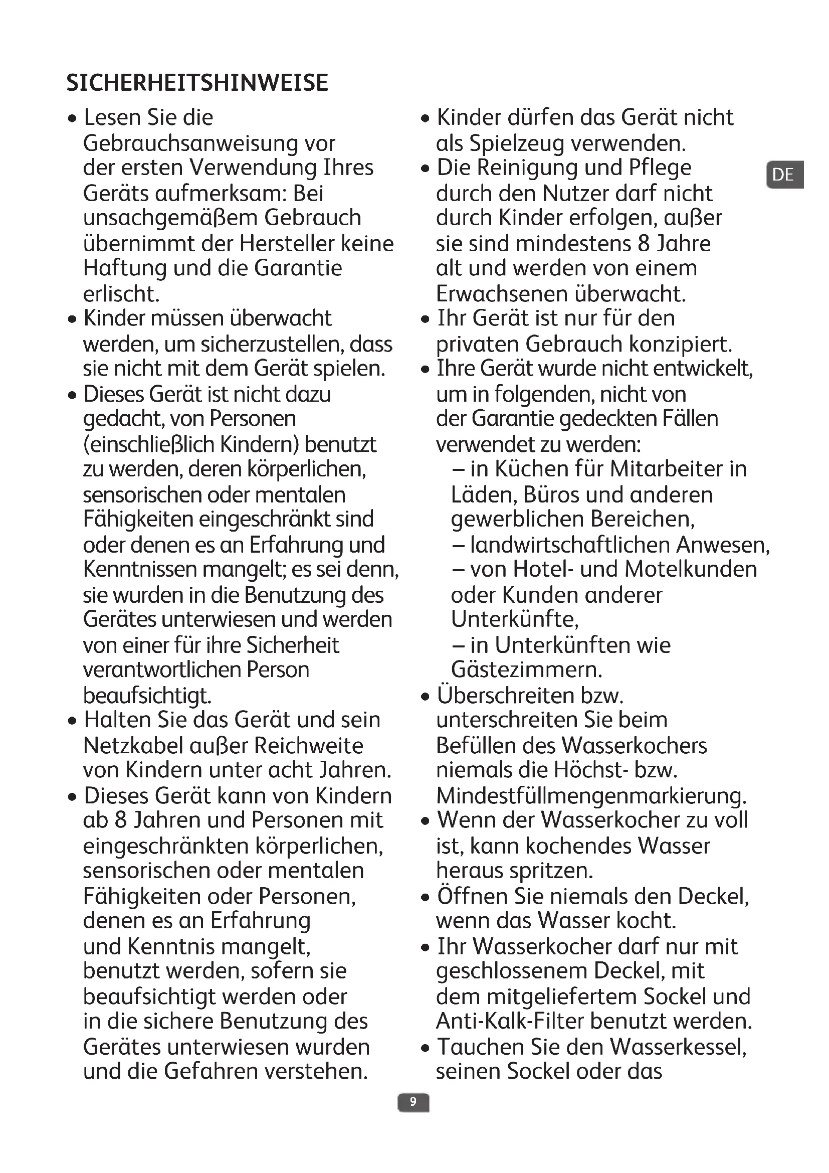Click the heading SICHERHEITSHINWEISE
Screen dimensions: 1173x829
[197, 83]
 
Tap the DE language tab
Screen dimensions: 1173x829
[784, 175]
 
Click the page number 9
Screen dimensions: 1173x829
[413, 1102]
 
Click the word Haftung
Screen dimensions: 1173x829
[125, 269]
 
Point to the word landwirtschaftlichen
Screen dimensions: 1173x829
[570, 545]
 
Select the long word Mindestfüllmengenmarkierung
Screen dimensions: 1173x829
[591, 796]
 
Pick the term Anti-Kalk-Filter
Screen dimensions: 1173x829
[509, 1021]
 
